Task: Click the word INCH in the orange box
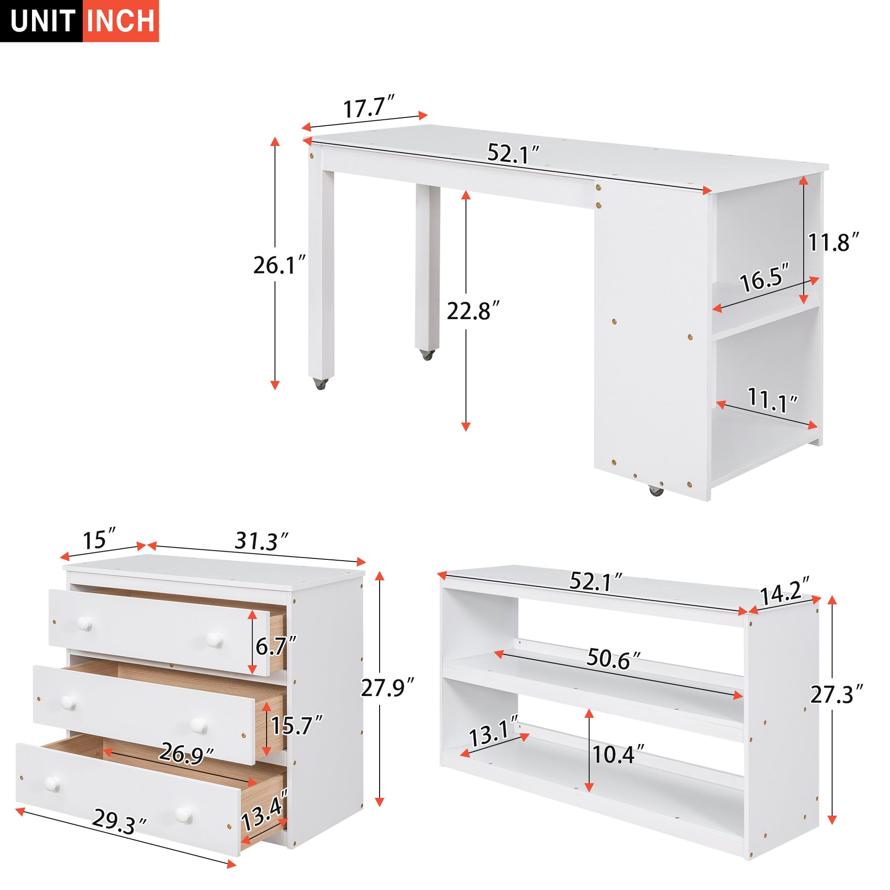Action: (x=121, y=21)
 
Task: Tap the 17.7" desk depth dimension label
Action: (x=369, y=107)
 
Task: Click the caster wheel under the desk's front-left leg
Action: (x=321, y=384)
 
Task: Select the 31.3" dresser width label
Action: (x=262, y=541)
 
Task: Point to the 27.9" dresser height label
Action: (x=387, y=688)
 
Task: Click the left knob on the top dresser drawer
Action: (x=84, y=624)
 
